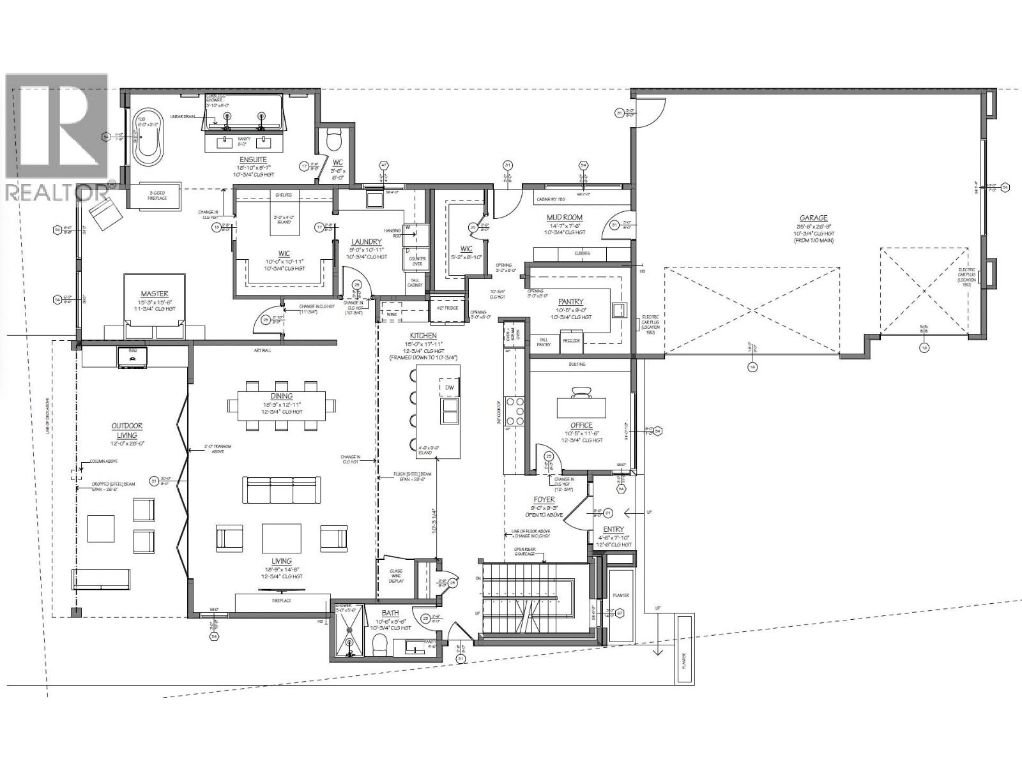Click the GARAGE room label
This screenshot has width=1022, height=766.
click(x=813, y=218)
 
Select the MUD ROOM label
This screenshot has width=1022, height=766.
click(x=565, y=218)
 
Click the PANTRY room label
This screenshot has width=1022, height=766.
click(x=570, y=301)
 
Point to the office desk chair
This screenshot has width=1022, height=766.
click(x=581, y=392)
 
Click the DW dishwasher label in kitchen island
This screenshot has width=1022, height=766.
click(x=449, y=387)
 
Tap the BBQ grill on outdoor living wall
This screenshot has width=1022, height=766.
click(x=133, y=357)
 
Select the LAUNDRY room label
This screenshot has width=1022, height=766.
click(x=367, y=242)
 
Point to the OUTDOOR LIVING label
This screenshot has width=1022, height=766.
click(x=126, y=430)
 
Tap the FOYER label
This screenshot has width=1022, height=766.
click(x=544, y=500)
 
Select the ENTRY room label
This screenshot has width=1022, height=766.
click(x=613, y=529)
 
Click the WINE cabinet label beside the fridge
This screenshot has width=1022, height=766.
click(x=391, y=314)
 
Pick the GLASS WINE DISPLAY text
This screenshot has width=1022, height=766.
click(x=396, y=576)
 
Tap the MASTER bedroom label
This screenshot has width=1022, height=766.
click(x=155, y=294)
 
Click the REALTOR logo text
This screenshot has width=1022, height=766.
click(x=56, y=191)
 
